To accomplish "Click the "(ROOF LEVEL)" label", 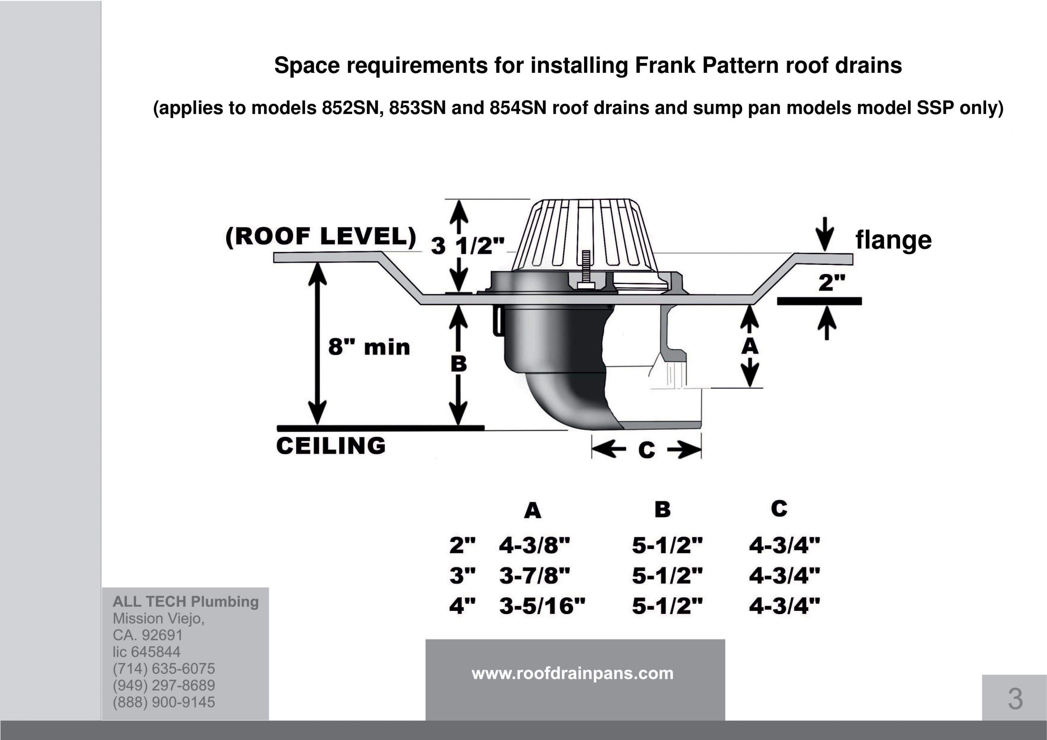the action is coord(321,237).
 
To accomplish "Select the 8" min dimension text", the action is coord(369,348).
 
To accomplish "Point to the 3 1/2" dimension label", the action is coord(468,246).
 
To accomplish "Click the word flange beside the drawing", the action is coord(893,240).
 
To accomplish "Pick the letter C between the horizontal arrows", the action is coord(647,451).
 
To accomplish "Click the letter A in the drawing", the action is coord(750,347).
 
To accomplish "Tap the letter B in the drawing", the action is coord(459,364).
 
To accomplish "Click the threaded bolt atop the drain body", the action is coord(586,269).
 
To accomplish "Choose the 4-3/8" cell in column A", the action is coord(535,545).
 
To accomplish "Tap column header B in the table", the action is coord(663,509).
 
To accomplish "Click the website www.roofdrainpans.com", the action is coord(572,673).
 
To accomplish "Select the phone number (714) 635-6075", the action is coord(164,669).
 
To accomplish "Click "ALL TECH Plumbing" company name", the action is coord(186,602).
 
